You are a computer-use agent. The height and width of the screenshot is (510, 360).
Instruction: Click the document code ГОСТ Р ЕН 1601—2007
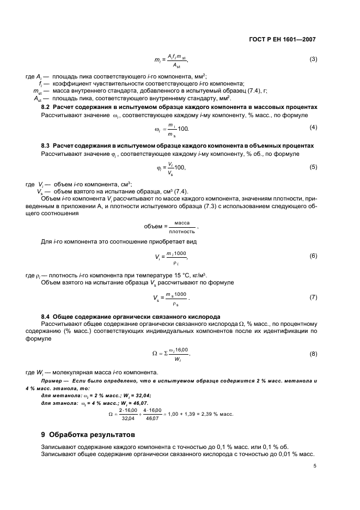(282, 40)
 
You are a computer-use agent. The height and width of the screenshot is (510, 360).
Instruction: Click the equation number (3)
(313, 59)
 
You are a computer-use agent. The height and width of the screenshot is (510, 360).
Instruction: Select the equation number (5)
(313, 167)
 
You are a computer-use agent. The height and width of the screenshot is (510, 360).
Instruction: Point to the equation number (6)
(313, 256)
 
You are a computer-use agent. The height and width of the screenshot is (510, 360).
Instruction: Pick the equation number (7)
(313, 297)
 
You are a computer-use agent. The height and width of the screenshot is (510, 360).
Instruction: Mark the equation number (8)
(313, 354)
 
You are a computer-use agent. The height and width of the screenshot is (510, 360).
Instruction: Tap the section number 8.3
(47, 147)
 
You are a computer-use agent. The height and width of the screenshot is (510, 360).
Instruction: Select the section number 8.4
(47, 317)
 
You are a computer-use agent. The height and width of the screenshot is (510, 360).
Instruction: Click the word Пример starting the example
(53, 380)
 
